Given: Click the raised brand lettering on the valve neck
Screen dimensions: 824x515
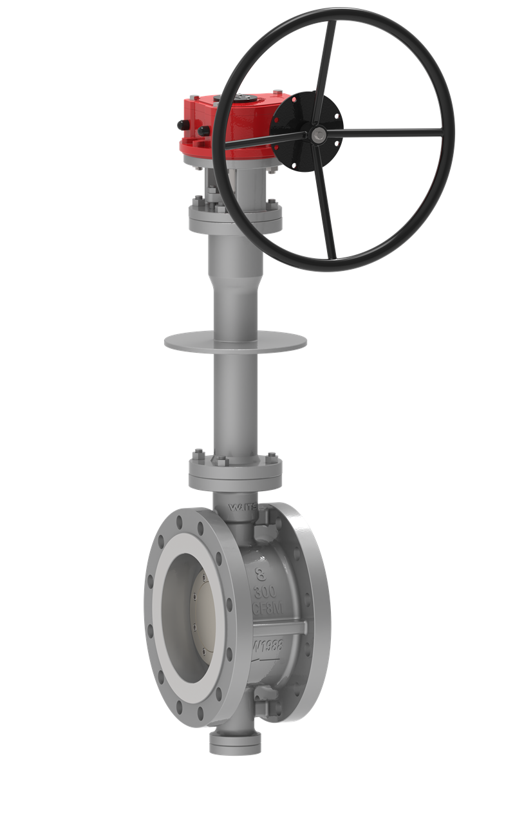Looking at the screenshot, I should pyautogui.click(x=243, y=507).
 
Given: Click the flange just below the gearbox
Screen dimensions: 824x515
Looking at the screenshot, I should pyautogui.click(x=235, y=219).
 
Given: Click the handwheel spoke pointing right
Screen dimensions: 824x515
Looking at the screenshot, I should pyautogui.click(x=386, y=133).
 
